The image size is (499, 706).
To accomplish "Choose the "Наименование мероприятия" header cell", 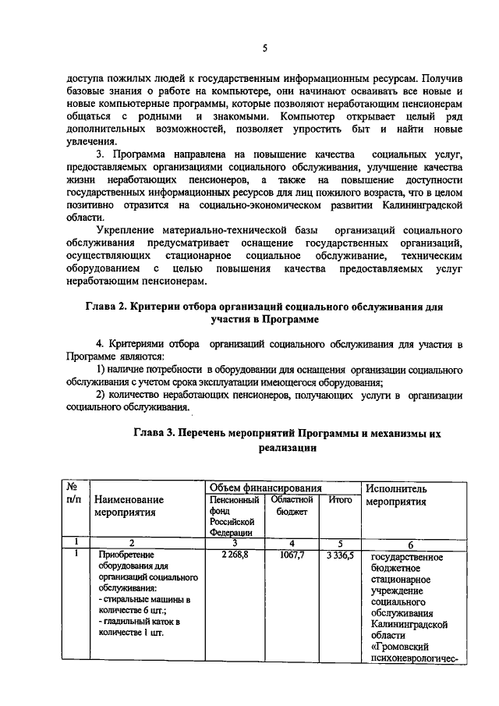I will [x=129, y=506].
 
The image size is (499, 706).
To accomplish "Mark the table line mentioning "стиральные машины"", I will [x=140, y=599].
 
